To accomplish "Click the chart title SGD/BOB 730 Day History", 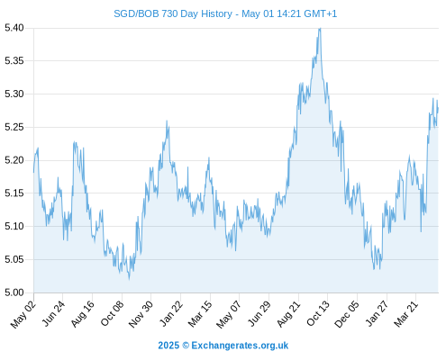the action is pos(173,13).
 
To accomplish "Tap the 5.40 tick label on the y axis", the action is pos(14,28).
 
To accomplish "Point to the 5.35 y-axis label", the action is pos(14,61).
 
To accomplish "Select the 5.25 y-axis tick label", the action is pos(14,127).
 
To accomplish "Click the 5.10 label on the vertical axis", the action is pos(14,226).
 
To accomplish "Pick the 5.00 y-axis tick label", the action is pos(14,292).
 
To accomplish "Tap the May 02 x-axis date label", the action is pos(23,314).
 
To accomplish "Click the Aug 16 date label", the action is pos(83,314).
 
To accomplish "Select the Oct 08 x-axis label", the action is pos(112,314).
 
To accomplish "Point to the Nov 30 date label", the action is pos(141,314).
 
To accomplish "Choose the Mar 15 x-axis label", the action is pos(200,314).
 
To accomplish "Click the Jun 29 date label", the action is pos(259,314).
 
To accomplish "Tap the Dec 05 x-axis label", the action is pos(347,314).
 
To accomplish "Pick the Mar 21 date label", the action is pos(406,314).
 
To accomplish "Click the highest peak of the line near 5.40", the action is pos(320,28).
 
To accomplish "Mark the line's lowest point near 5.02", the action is pos(129,279).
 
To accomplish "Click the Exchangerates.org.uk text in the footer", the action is pos(240,346).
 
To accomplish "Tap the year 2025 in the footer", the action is pos(168,346).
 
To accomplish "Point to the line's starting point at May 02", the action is pos(33,172).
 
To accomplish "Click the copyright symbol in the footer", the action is pos(186,346).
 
